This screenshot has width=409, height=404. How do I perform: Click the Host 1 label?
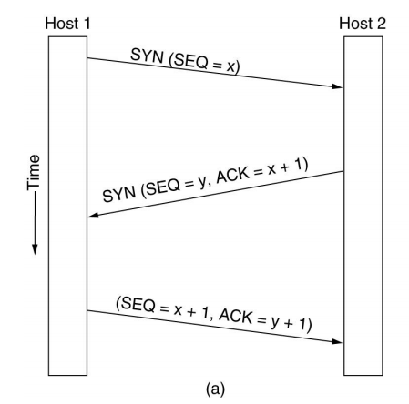[x=67, y=24]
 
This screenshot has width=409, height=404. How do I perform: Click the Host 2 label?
[x=363, y=24]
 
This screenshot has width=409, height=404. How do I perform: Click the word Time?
[x=34, y=173]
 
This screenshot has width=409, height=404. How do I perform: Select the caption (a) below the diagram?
[x=216, y=389]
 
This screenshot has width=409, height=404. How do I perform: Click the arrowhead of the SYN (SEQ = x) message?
[x=337, y=86]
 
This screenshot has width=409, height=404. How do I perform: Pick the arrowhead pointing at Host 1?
[x=94, y=215]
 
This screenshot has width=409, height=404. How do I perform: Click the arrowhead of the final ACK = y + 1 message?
[x=337, y=341]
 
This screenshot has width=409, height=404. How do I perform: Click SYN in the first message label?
[x=147, y=56]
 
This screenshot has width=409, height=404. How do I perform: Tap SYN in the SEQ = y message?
[x=119, y=194]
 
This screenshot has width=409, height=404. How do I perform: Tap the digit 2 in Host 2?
[x=382, y=24]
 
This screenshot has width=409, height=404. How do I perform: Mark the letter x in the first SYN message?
[x=230, y=67]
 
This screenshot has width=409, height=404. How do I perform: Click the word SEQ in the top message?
[x=189, y=61]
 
